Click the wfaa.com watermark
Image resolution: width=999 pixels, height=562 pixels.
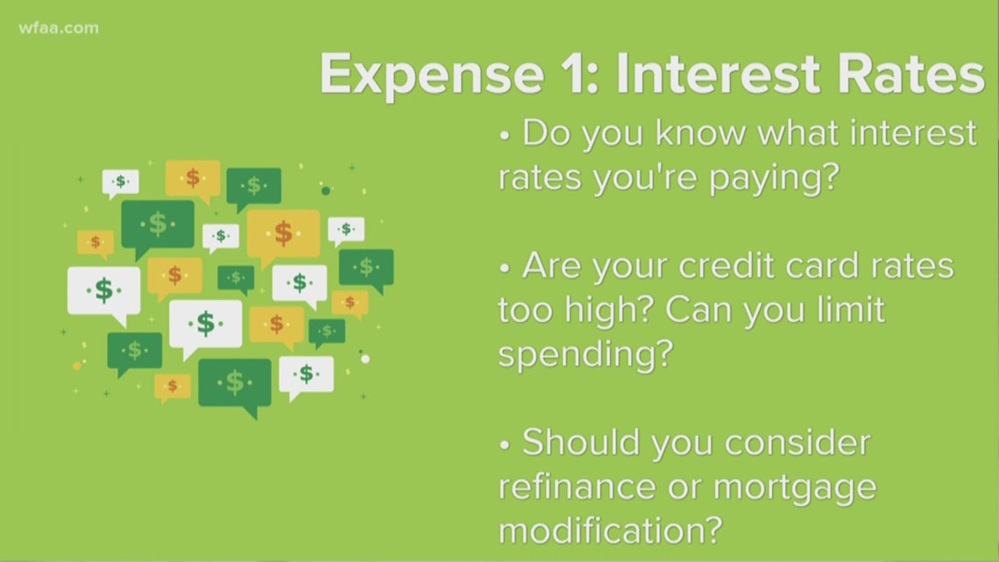pyautogui.click(x=59, y=28)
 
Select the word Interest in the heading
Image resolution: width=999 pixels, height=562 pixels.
pyautogui.click(x=719, y=74)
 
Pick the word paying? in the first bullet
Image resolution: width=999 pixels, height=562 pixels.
pyautogui.click(x=776, y=179)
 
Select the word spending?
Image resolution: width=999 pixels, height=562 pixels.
pyautogui.click(x=585, y=355)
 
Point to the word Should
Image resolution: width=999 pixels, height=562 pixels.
pyautogui.click(x=581, y=442)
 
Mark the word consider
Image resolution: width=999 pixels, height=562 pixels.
pyautogui.click(x=797, y=442)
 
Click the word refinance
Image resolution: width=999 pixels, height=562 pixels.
pyautogui.click(x=577, y=487)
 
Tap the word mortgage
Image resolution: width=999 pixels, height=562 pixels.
pyautogui.click(x=795, y=488)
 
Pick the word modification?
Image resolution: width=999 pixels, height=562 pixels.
pyautogui.click(x=611, y=530)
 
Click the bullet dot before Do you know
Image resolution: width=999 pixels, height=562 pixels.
pyautogui.click(x=505, y=136)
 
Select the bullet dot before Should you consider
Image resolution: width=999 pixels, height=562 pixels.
pyautogui.click(x=505, y=445)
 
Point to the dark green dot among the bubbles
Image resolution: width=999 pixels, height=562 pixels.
pyautogui.click(x=326, y=190)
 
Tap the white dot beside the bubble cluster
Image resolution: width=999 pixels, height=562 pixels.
pyautogui.click(x=365, y=359)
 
